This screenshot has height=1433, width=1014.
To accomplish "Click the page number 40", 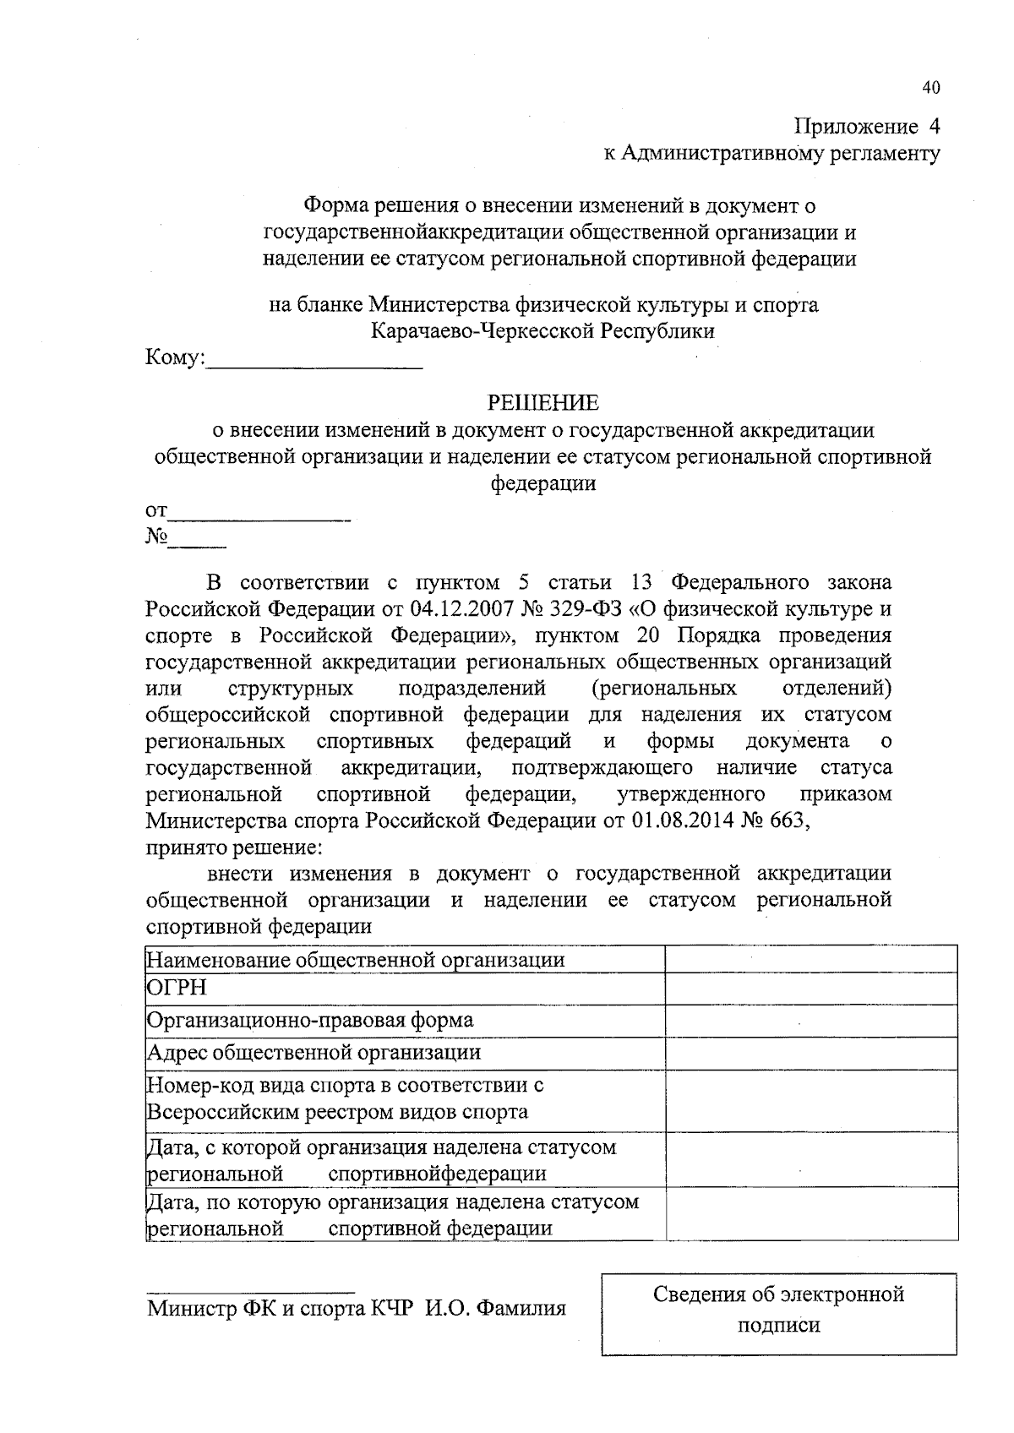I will [930, 88].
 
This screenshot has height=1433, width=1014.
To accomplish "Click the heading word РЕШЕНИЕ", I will [543, 403].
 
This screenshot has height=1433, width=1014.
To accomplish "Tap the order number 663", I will [787, 821].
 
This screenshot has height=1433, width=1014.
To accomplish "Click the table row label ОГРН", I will [177, 988].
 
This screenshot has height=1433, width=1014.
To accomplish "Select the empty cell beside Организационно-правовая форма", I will [811, 1020].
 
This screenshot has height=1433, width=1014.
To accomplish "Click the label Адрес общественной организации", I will [314, 1053].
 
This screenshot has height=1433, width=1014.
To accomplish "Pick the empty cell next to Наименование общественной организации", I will [811, 959].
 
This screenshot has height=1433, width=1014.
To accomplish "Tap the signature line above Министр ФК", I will [250, 1292].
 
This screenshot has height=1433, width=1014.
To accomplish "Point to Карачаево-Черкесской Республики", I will [543, 330].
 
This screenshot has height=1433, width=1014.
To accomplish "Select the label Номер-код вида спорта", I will [345, 1085].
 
